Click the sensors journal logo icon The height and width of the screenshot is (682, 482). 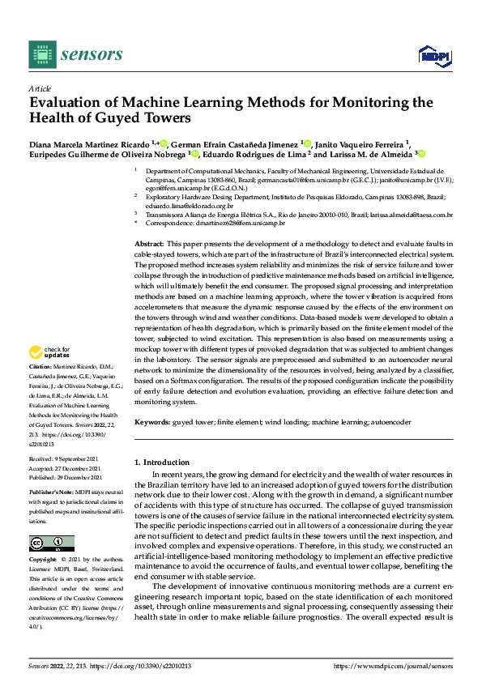42,54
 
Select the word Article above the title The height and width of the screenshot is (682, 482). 40,88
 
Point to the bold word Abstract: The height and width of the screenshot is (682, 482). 149,244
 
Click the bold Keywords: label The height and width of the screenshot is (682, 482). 152,422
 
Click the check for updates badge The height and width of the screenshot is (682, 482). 51,353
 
